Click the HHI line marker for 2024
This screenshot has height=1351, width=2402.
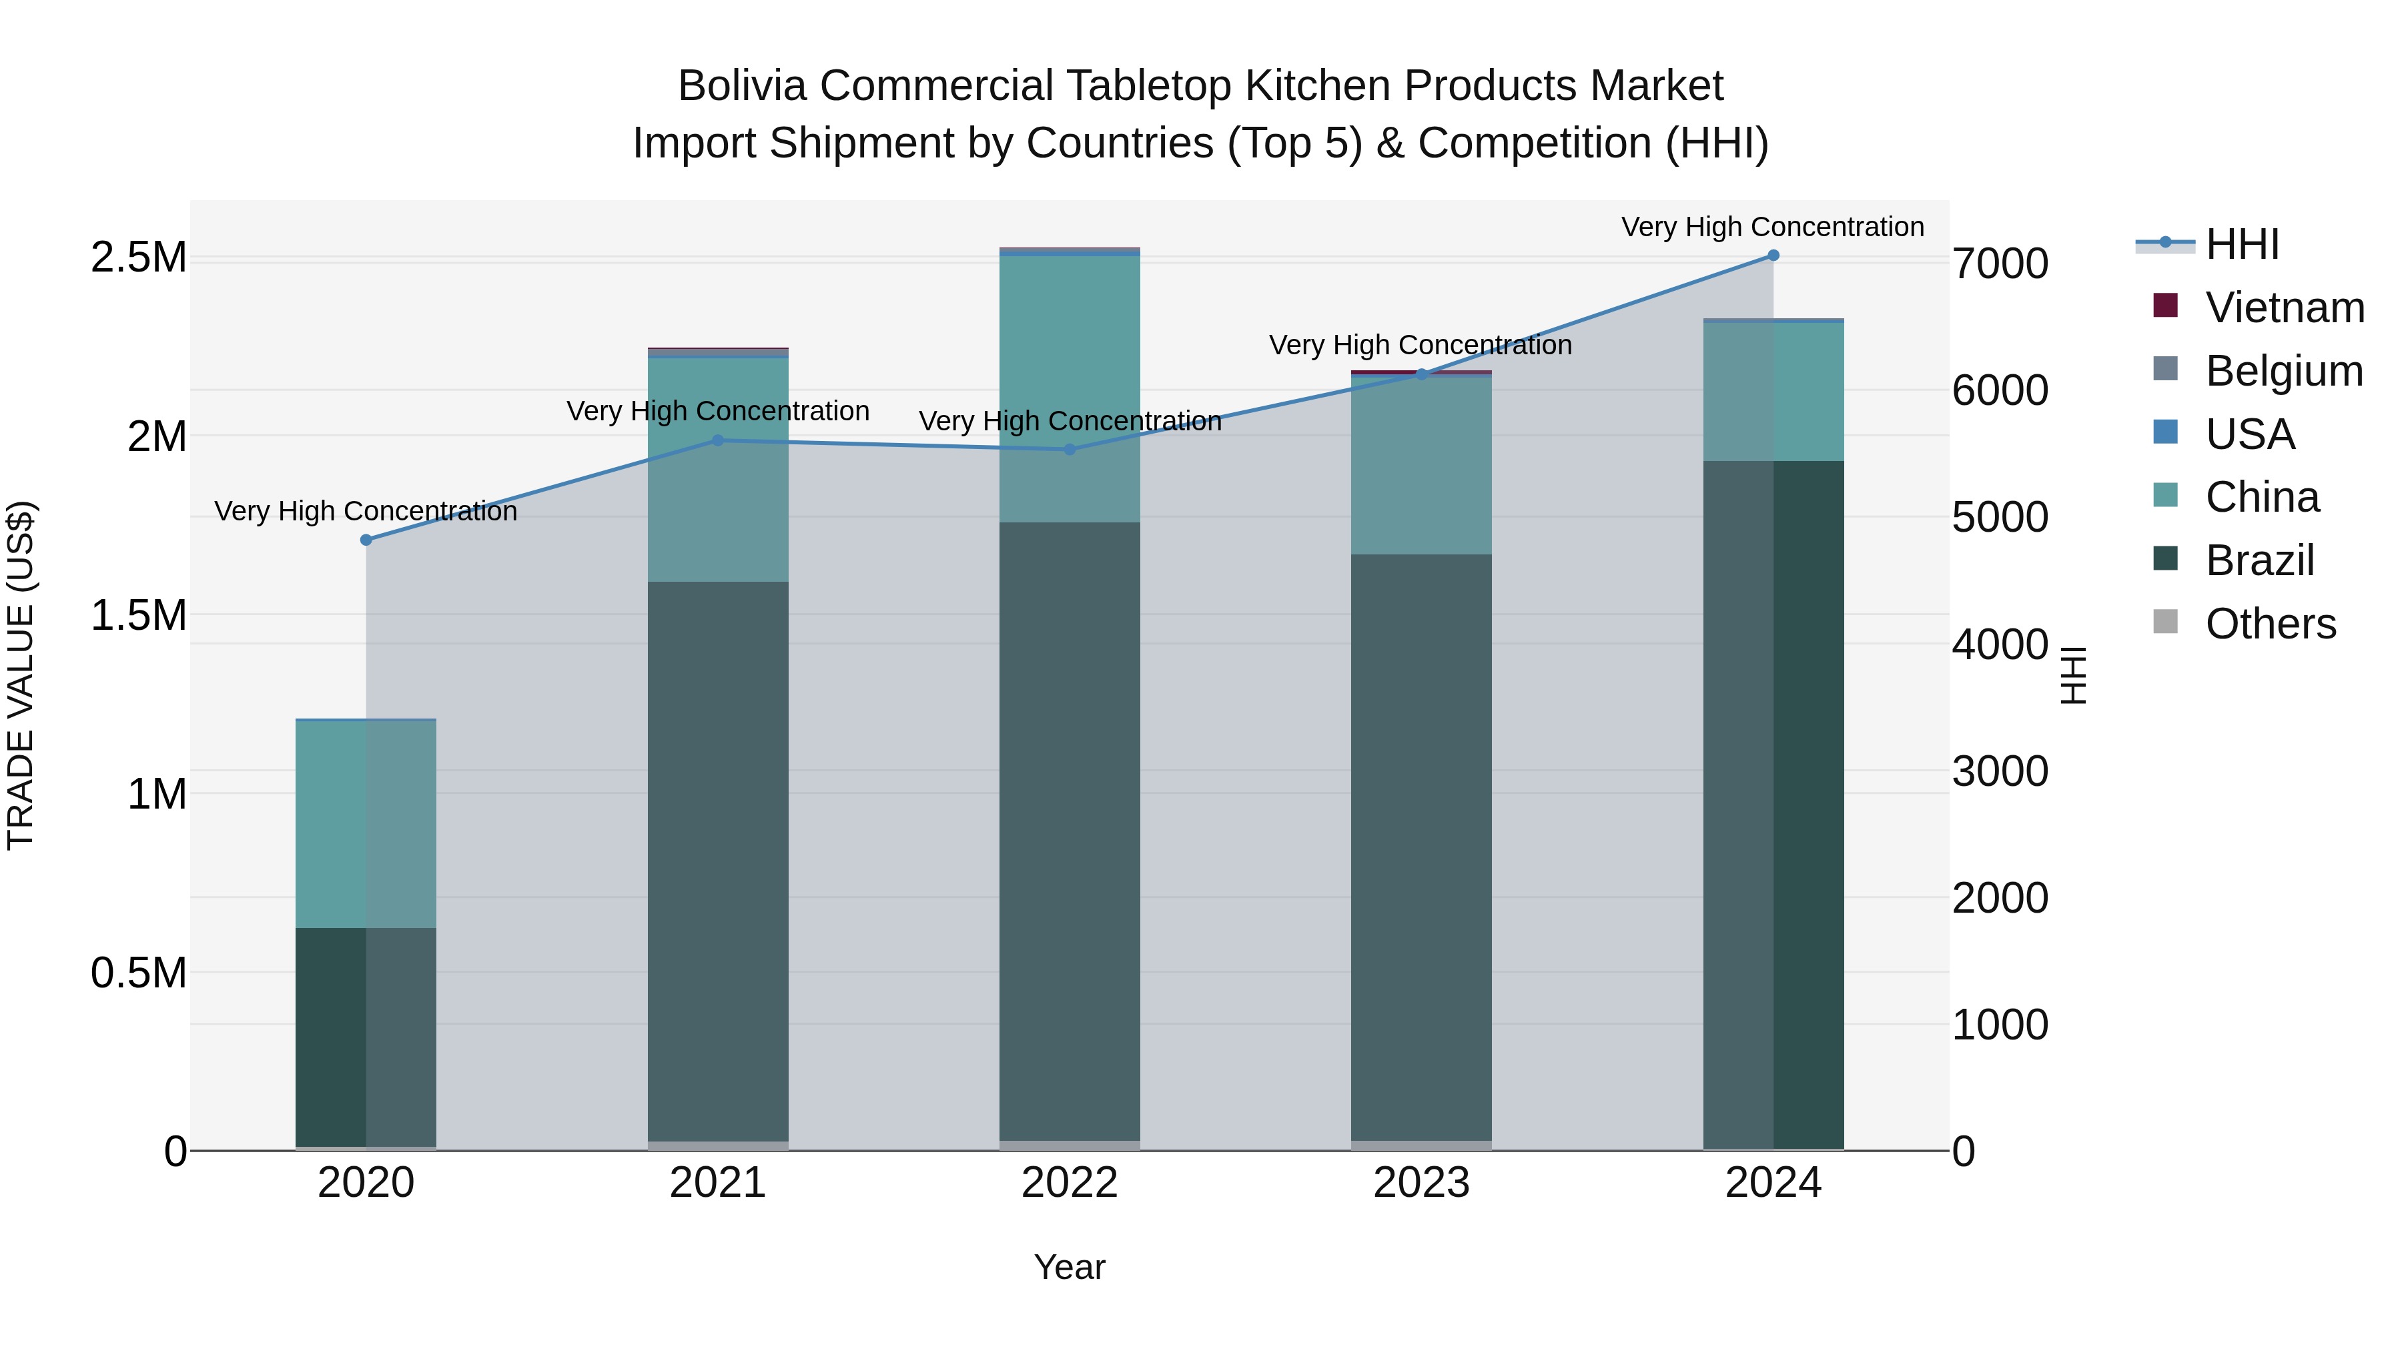click(1773, 256)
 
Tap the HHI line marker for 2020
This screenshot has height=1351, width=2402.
click(366, 540)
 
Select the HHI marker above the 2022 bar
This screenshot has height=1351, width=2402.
click(1070, 450)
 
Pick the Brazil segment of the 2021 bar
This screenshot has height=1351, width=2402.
click(718, 858)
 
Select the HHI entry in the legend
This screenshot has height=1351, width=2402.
click(2242, 244)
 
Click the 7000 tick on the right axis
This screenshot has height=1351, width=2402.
click(2000, 264)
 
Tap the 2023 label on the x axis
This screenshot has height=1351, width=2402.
click(1421, 1183)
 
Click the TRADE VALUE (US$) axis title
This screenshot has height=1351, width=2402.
click(21, 675)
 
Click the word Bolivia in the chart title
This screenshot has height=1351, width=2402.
click(741, 86)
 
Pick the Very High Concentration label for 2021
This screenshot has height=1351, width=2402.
click(718, 411)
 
